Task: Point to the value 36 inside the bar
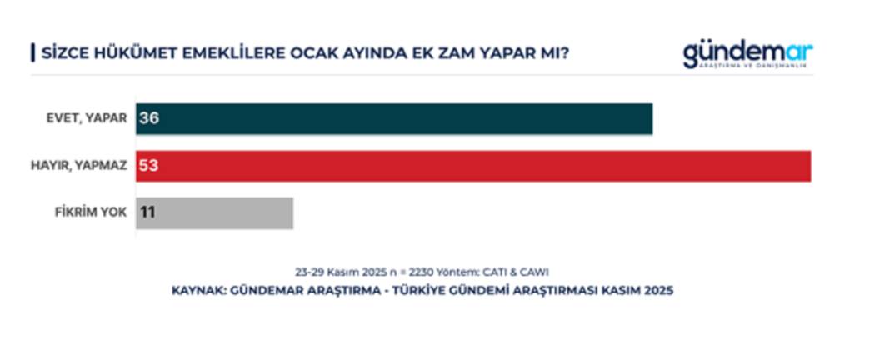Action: coord(149,118)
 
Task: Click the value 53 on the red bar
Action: coord(149,166)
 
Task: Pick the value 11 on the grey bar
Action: coord(147,212)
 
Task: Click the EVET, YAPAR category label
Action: coord(87,118)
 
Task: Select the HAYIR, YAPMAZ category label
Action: coord(78,166)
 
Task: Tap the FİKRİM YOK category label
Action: coord(91,212)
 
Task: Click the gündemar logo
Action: coord(747,52)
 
